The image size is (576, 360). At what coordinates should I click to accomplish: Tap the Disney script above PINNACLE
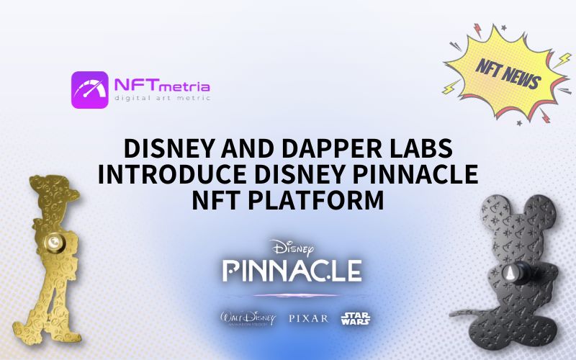coord(292,248)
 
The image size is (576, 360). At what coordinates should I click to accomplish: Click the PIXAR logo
coord(307,318)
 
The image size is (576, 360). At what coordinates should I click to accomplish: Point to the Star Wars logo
coord(356,318)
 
